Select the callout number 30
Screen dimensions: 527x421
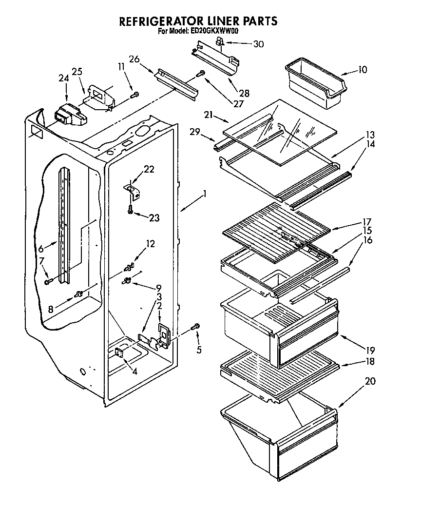click(x=258, y=44)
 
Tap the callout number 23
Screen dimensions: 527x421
click(x=154, y=218)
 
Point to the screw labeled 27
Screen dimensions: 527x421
click(x=200, y=74)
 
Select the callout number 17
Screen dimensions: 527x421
click(x=366, y=221)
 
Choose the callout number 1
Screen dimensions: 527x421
click(x=205, y=194)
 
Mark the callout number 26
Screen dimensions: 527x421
click(x=134, y=59)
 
